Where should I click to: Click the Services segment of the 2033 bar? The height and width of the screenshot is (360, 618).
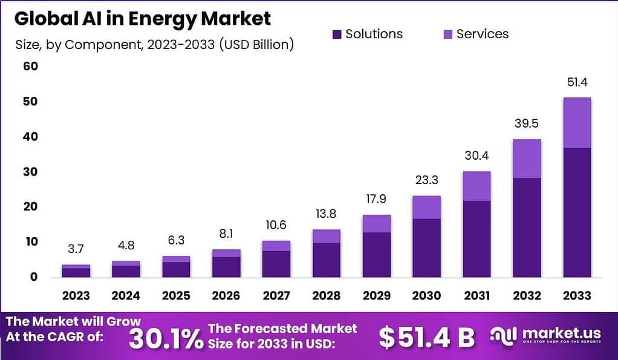tap(576, 123)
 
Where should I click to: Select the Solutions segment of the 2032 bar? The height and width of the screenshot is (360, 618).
tap(526, 227)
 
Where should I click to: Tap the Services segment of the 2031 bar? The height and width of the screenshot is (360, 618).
tap(477, 186)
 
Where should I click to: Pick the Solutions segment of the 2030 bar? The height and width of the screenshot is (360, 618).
tap(426, 247)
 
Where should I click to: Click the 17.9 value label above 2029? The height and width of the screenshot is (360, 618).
tap(376, 199)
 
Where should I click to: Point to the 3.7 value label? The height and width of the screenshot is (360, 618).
tap(76, 249)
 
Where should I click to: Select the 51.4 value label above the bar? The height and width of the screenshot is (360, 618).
tap(576, 82)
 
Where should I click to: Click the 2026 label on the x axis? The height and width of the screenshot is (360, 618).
tap(226, 295)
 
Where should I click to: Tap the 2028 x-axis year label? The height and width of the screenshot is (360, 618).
tap(326, 295)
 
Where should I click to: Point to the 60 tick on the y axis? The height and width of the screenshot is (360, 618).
tap(31, 66)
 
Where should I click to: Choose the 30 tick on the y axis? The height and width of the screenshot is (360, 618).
tap(31, 171)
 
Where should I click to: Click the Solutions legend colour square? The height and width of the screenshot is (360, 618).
tap(337, 34)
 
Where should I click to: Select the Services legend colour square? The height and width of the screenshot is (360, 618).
tap(447, 34)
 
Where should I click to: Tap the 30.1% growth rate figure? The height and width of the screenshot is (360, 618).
tap(166, 338)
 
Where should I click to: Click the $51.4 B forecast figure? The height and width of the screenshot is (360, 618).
tap(426, 338)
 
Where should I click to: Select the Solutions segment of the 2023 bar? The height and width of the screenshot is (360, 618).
tap(76, 272)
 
